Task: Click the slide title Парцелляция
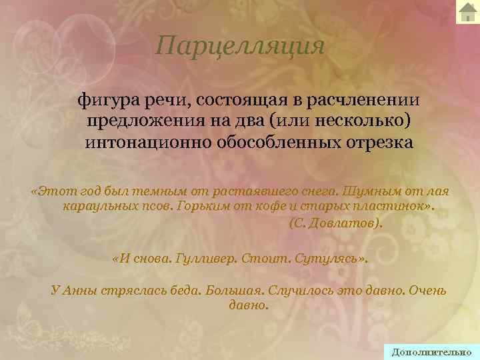(x=240, y=45)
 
